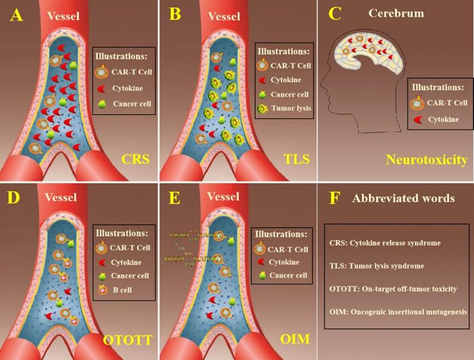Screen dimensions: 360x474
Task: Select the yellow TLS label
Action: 292,160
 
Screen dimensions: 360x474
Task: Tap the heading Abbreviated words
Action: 403,198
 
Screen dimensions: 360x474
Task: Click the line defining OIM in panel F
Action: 398,310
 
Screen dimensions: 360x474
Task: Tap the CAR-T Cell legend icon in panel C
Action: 416,103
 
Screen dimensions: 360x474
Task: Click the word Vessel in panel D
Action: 60,198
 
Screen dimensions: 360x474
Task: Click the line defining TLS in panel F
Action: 376,266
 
